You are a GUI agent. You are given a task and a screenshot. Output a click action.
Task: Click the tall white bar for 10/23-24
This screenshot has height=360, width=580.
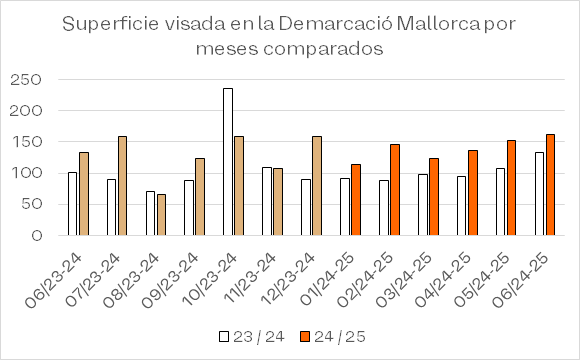pyautogui.click(x=228, y=162)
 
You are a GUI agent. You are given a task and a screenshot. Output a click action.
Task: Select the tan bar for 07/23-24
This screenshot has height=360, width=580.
pyautogui.click(x=122, y=186)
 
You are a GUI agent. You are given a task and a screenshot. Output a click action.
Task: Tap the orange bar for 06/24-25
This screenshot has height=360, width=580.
pyautogui.click(x=550, y=185)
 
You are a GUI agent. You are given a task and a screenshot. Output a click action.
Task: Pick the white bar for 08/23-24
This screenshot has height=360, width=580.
pyautogui.click(x=150, y=213)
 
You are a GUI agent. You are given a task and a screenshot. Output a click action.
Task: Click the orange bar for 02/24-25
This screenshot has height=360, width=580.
pyautogui.click(x=395, y=190)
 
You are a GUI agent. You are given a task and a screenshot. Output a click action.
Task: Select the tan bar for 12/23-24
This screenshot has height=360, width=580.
pyautogui.click(x=317, y=186)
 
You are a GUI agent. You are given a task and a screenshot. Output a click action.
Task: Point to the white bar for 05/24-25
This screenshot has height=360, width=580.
pyautogui.click(x=500, y=202)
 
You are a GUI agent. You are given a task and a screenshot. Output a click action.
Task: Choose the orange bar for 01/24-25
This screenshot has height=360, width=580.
pyautogui.click(x=356, y=200)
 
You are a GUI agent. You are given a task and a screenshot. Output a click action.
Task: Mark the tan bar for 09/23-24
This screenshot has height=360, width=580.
pyautogui.click(x=200, y=197)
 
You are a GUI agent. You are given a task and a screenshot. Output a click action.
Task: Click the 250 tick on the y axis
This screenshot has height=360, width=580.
pyautogui.click(x=26, y=80)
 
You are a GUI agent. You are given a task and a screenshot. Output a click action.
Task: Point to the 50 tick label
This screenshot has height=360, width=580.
pyautogui.click(x=31, y=204)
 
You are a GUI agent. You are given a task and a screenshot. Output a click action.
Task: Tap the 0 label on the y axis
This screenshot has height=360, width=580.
pyautogui.click(x=37, y=235)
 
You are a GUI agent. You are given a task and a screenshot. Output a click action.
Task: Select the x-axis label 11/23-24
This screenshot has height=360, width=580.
pyautogui.click(x=251, y=278)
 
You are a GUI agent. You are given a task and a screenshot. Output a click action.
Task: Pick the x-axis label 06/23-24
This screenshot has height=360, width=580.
pyautogui.click(x=53, y=280)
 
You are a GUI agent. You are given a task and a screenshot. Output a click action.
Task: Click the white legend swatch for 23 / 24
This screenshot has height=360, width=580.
pyautogui.click(x=224, y=336)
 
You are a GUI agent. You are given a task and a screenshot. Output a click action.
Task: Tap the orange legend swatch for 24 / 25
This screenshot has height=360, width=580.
pyautogui.click(x=304, y=336)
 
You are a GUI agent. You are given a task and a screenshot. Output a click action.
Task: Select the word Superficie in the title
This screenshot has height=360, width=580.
pyautogui.click(x=111, y=25)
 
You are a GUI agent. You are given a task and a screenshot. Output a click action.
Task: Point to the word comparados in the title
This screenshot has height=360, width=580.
pyautogui.click(x=323, y=49)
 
